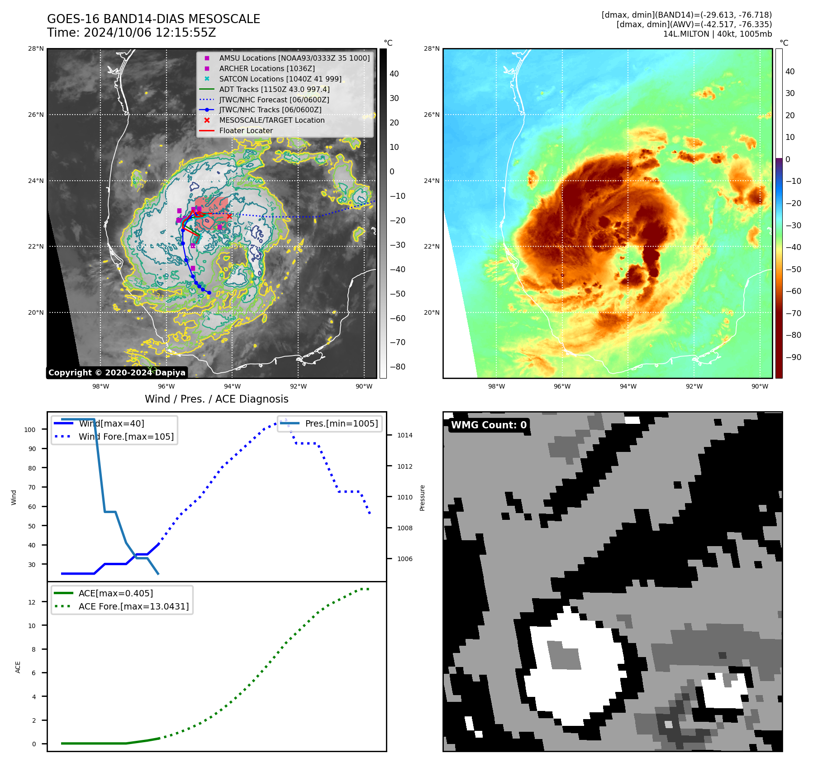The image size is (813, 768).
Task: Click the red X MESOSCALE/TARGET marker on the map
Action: tap(229, 216)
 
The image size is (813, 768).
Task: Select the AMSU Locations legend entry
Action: tap(294, 58)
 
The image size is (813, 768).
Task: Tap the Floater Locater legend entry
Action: tap(246, 130)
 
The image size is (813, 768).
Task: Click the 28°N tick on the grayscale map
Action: tap(36, 48)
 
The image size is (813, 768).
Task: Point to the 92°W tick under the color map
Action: tap(694, 386)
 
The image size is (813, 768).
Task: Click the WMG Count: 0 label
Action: tap(489, 425)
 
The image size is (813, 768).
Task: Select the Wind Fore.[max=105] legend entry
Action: tap(126, 437)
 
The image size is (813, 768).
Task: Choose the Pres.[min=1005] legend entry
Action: tap(341, 423)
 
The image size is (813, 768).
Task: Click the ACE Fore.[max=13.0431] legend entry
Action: tap(133, 606)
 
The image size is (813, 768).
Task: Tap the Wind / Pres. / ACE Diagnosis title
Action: tap(216, 399)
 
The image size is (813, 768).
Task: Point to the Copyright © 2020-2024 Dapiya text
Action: tap(117, 373)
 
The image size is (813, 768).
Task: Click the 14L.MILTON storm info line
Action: tap(717, 34)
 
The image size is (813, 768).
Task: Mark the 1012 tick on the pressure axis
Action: tap(405, 466)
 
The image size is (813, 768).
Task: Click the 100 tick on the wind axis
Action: tap(30, 430)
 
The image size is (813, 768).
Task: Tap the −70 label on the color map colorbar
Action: tap(793, 313)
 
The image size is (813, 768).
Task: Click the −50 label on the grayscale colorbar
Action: tap(398, 293)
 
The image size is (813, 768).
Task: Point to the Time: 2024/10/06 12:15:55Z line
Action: tap(131, 33)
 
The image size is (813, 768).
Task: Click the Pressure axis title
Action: tap(422, 498)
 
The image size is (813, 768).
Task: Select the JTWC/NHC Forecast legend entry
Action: tap(274, 100)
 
